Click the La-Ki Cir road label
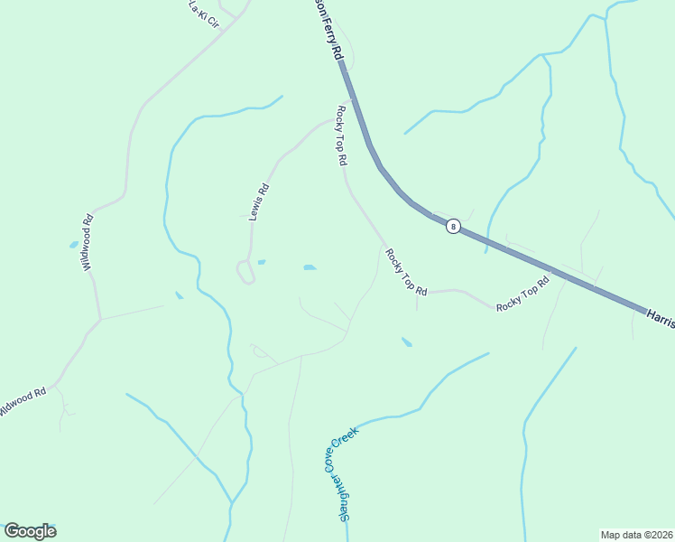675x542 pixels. click(204, 14)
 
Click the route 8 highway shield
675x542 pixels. click(453, 227)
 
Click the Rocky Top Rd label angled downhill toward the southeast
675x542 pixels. click(405, 272)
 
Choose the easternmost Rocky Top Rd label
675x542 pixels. click(522, 295)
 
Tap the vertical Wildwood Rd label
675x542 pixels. click(88, 242)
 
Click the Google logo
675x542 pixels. click(30, 531)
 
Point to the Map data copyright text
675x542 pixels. click(636, 534)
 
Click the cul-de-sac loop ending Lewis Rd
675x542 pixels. click(245, 271)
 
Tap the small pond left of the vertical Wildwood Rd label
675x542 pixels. click(73, 245)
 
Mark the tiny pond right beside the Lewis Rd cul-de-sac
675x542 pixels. click(261, 262)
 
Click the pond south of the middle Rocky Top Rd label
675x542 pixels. click(407, 342)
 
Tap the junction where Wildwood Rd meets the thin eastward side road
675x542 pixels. click(100, 319)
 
